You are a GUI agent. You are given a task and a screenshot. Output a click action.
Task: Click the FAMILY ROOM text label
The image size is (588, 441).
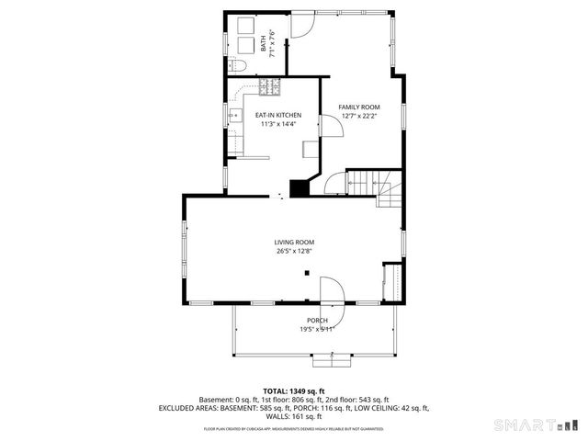[x=359, y=107]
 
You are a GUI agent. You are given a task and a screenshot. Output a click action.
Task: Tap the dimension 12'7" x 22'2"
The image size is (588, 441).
[x=359, y=117]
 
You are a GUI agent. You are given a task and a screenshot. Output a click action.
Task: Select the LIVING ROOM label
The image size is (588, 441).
[x=294, y=242]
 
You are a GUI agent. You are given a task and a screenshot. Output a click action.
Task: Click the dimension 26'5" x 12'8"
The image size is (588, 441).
[x=294, y=251]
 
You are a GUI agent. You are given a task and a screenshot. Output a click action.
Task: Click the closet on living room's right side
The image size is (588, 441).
[x=392, y=280]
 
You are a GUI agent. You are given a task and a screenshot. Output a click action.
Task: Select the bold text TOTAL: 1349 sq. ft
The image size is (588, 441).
[x=294, y=390]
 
